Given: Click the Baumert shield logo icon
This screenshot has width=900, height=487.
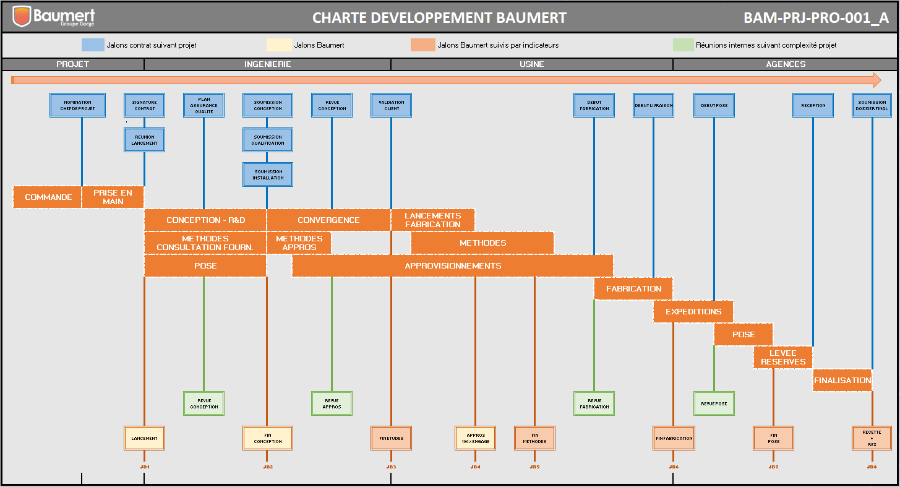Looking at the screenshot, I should (22, 17).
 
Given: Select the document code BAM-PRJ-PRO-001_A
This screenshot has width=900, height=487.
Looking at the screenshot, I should (816, 17).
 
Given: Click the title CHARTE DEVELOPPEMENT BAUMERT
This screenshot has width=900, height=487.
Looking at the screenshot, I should (439, 17).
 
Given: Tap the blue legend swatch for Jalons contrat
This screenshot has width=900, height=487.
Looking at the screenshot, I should (92, 45).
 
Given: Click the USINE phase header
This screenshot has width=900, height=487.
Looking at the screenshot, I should (531, 64).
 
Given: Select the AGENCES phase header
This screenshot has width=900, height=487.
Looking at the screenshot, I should (786, 64).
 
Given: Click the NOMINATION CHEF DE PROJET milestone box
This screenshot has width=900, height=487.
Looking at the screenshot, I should (77, 105).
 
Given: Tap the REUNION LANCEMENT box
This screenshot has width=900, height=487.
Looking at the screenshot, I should (144, 140).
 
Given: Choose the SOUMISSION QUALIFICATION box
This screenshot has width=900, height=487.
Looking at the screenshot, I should (267, 140).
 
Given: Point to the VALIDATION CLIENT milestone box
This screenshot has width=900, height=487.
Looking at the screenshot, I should (391, 105).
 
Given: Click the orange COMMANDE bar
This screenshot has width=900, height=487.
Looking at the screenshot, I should (48, 197).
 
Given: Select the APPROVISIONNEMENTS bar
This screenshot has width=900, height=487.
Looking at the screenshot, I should (452, 266).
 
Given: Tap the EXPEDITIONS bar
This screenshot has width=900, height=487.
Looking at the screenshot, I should (693, 312).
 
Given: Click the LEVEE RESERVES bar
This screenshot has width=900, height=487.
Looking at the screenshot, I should (782, 358).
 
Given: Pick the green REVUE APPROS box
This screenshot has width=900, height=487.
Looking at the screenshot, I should (332, 403).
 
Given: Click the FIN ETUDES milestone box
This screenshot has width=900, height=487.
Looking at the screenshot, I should (391, 438).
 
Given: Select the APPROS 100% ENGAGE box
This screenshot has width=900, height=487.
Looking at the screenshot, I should (475, 438).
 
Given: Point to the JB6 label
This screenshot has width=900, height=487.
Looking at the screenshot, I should (673, 467).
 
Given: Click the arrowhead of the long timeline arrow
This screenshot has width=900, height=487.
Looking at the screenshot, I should (876, 80).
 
